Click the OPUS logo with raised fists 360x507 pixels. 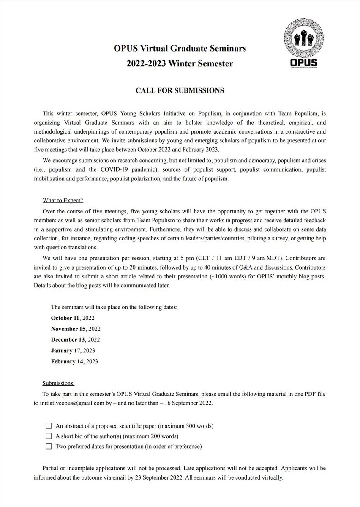(x=301, y=44)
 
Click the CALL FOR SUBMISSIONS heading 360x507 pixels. (x=180, y=90)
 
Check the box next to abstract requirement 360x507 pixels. (x=49, y=425)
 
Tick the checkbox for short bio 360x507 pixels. (x=49, y=436)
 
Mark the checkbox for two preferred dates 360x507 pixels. (x=49, y=446)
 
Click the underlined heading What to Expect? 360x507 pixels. (x=65, y=200)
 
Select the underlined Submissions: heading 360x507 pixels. (x=58, y=383)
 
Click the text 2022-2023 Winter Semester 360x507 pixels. (x=180, y=64)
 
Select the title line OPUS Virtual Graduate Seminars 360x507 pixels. (x=180, y=49)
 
